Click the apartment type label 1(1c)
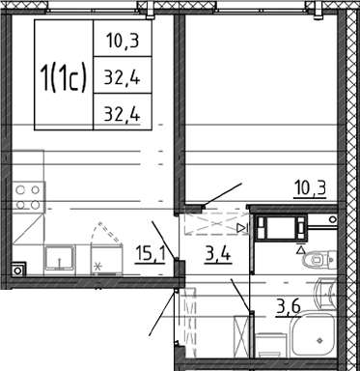coord(64,77)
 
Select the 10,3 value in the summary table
coord(123,42)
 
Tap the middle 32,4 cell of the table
coord(123,77)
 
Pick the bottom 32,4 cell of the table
coord(123,114)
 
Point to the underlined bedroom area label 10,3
coord(310,188)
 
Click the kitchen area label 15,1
coord(151,254)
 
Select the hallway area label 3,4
coord(218,254)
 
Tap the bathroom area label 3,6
coord(289,307)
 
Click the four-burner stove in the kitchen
coord(28,197)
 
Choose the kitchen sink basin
coord(60,259)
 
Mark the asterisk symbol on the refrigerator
coord(97,267)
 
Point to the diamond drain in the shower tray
coord(319,340)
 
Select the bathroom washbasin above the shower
coord(325,293)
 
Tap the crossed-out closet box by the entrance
coord(241,336)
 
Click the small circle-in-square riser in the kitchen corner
coord(18,270)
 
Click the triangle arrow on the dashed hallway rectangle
coord(240,228)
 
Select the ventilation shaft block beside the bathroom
coord(282,228)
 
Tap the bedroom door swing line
coord(222,194)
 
